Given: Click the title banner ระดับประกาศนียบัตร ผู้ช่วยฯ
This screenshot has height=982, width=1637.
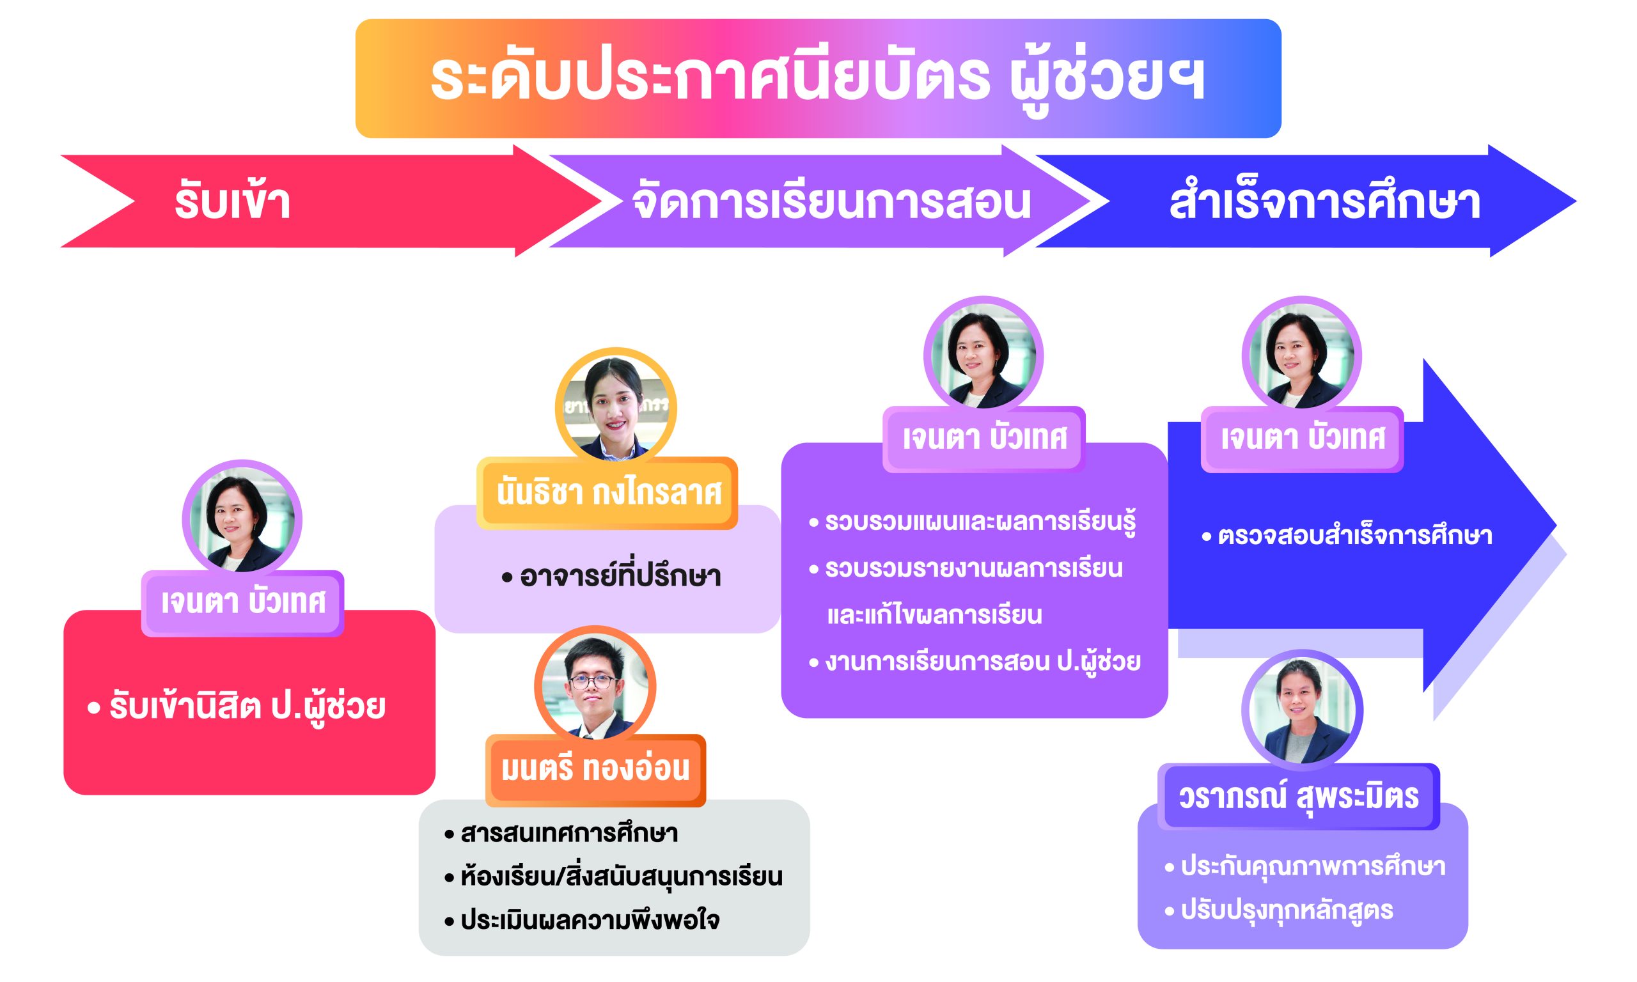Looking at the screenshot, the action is coord(818,78).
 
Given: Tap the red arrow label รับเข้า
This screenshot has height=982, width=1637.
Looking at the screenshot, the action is coord(232,202).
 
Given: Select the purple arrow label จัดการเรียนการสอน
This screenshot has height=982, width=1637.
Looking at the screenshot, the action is coord(832,202).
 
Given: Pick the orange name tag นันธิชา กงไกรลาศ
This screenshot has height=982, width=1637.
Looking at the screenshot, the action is coord(607,493).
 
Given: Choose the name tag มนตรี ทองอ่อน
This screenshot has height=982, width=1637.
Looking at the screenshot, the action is coord(595,770).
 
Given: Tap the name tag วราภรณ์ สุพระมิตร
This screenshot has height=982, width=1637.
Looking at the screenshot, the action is coord(1299,797).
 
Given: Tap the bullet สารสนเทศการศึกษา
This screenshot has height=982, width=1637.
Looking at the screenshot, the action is coord(561,833).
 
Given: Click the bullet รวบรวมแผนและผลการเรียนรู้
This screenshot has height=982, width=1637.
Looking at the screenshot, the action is coord(972,523).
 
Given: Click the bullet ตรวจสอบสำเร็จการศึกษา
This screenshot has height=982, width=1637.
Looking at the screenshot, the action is coord(1347,536).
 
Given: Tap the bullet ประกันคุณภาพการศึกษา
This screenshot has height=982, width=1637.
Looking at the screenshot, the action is coord(1305,867).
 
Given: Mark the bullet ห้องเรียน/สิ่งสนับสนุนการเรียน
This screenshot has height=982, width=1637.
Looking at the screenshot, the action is coord(613,877).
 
